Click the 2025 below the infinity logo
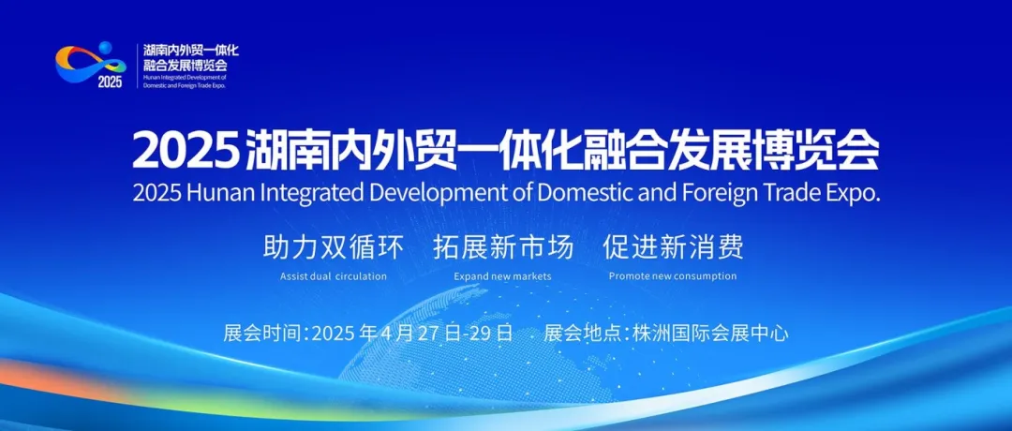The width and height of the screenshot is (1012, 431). pos(110,82)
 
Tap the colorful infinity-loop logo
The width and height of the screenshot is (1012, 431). pos(91,63)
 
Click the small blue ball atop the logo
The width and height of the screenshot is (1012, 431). pos(105,48)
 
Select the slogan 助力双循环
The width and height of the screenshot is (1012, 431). pos(333,247)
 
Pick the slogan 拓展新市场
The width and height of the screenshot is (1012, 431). pos(503,247)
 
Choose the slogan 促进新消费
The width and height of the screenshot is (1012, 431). pos(673,247)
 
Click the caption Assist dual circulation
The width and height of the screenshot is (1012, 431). pos(334,276)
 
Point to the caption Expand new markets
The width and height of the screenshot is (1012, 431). pos(503,276)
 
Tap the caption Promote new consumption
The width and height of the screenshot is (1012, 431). pos(673,276)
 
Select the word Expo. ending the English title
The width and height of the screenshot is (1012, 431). pos(853,194)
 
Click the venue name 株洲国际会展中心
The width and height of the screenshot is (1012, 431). pos(710,333)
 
